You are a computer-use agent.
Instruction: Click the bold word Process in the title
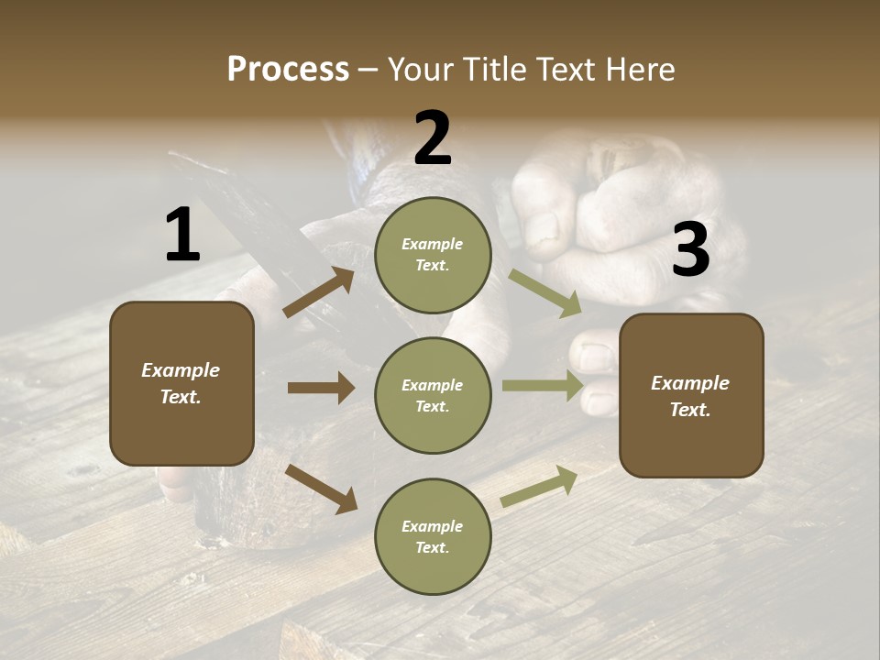point(288,69)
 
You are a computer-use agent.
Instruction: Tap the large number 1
point(182,236)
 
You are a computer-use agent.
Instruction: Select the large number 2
point(433,138)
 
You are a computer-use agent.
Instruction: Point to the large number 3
point(690,249)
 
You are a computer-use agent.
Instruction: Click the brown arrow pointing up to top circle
point(318,292)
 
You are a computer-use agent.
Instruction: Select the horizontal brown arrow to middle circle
point(320,388)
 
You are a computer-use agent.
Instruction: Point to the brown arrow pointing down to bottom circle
point(321,488)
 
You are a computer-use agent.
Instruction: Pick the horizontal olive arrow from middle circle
point(543,386)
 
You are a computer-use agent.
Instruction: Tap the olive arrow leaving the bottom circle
point(540,486)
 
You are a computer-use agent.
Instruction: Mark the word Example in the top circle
point(433,244)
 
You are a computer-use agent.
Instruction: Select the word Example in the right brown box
point(690,383)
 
